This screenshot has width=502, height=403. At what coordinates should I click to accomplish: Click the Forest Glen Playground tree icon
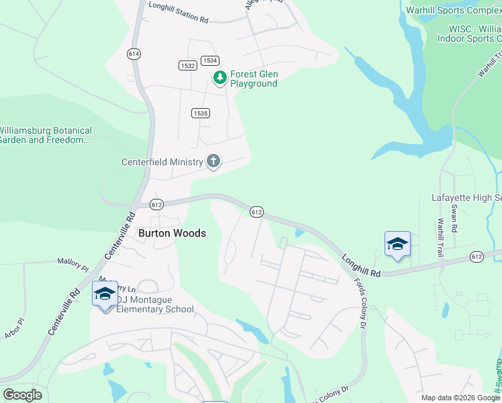pyautogui.click(x=219, y=79)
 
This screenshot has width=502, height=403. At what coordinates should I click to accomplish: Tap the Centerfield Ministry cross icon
pyautogui.click(x=213, y=161)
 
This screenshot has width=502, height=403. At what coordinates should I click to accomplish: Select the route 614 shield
pyautogui.click(x=134, y=52)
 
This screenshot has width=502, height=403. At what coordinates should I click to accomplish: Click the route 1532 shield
pyautogui.click(x=188, y=65)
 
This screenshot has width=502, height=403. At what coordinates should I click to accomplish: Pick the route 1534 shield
pyautogui.click(x=209, y=60)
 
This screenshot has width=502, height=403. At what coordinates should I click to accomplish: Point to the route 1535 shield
pyautogui.click(x=200, y=113)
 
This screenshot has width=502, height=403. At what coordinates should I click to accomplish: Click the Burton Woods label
pyautogui.click(x=172, y=233)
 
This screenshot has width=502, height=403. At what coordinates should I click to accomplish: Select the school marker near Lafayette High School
pyautogui.click(x=397, y=244)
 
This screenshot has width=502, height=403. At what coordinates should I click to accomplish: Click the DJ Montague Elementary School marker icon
pyautogui.click(x=105, y=294)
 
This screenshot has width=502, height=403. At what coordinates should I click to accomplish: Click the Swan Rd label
pyautogui.click(x=454, y=218)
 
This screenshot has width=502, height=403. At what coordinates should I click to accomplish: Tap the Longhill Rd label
pyautogui.click(x=360, y=265)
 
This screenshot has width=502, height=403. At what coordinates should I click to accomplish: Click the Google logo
pyautogui.click(x=22, y=394)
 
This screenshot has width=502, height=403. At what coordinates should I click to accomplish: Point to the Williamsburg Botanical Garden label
pyautogui.click(x=44, y=135)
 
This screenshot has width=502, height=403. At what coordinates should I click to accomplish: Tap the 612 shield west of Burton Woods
pyautogui.click(x=157, y=204)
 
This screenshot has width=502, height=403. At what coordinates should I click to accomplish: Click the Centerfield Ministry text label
pyautogui.click(x=162, y=162)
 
